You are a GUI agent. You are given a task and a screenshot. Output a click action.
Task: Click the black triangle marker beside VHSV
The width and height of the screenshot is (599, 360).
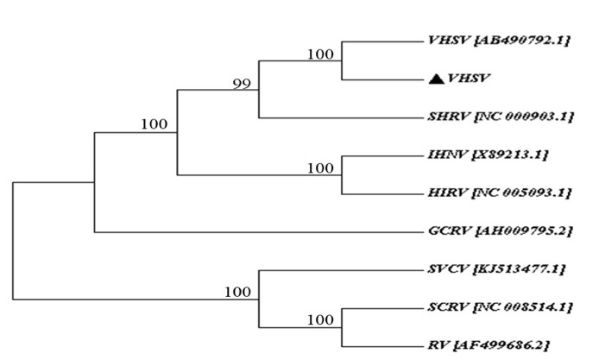(436, 79)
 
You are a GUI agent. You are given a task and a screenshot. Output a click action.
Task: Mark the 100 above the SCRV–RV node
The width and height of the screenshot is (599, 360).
(319, 319)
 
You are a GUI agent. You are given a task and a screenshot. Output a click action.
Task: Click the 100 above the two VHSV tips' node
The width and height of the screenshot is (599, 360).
(319, 54)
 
